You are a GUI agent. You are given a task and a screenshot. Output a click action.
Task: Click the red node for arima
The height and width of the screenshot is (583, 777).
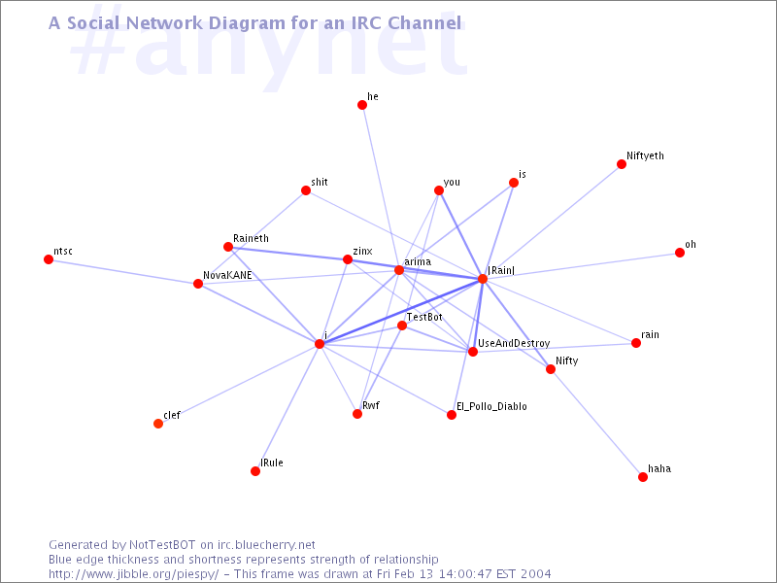coord(399,270)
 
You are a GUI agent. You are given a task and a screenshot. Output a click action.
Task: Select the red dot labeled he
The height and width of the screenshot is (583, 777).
coord(362,105)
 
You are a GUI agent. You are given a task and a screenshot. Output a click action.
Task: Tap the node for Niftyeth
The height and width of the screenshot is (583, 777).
coord(622,164)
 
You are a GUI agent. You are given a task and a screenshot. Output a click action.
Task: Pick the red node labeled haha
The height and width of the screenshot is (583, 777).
coord(643,477)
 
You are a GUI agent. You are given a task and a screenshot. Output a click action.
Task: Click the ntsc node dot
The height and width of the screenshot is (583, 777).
coord(49,259)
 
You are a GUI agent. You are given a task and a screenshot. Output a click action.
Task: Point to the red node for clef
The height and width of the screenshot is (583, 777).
coord(158,424)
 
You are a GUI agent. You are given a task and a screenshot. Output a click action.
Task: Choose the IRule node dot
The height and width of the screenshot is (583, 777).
coord(255,471)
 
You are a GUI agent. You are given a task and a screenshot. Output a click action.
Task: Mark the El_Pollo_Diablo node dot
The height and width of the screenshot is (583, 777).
coord(452,415)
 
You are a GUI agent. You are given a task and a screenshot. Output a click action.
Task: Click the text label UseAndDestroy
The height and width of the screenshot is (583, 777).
coord(514,344)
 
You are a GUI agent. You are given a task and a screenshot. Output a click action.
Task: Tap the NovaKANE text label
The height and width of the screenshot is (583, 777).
coord(227,275)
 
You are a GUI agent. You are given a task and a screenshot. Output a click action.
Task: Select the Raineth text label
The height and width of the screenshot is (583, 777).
coord(251,238)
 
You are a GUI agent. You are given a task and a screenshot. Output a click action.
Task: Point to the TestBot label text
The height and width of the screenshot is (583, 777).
coord(424,317)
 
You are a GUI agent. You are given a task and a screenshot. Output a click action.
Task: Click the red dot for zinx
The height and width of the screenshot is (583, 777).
coord(348,259)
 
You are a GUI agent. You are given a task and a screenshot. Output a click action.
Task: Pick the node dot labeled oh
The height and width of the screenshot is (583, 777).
coord(680,253)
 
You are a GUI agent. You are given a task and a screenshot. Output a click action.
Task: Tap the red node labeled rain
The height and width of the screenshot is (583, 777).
coord(636,343)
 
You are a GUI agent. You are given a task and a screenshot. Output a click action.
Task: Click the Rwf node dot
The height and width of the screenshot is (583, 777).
coord(357,414)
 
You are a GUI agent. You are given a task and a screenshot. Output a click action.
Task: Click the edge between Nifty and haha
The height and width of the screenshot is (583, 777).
coord(596,424)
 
